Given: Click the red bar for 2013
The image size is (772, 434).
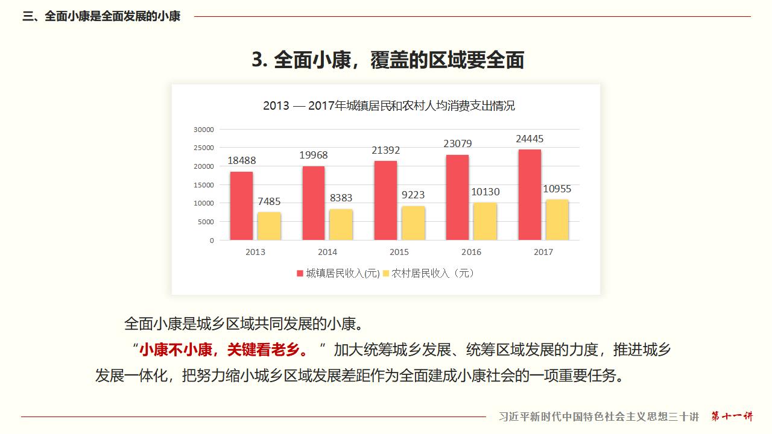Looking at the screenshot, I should click(x=241, y=206).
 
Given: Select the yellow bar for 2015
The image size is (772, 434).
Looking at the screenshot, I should click(x=413, y=223).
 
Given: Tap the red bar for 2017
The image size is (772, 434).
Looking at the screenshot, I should click(x=529, y=195).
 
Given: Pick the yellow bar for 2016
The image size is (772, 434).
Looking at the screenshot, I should click(x=485, y=221).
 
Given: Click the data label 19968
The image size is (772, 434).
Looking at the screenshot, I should click(x=314, y=156).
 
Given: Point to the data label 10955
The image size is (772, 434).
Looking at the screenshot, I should click(x=557, y=189).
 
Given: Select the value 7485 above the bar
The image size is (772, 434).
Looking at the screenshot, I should click(x=268, y=202).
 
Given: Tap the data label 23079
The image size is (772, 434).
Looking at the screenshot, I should click(x=457, y=144).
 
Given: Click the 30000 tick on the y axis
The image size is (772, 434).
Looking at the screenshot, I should click(x=203, y=130).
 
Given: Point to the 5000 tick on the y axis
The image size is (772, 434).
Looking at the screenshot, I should click(x=206, y=222).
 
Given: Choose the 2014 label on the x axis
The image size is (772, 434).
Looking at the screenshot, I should click(x=327, y=252).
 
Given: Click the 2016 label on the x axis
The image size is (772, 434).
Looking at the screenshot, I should click(x=471, y=252).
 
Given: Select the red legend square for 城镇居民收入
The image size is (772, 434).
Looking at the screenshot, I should click(x=300, y=274).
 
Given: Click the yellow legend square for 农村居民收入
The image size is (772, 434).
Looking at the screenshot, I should click(x=386, y=274).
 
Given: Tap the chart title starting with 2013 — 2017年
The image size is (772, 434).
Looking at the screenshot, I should click(x=389, y=106).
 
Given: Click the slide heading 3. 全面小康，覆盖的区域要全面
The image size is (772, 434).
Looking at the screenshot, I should click(x=388, y=60).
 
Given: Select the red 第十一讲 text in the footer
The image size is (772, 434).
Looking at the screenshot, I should click(x=732, y=417).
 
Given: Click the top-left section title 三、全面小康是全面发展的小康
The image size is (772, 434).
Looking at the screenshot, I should click(x=101, y=16).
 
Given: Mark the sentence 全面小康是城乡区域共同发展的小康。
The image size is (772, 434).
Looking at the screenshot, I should click(x=244, y=324).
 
